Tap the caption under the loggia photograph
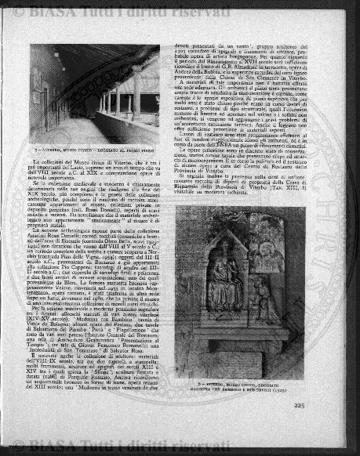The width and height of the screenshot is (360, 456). click(x=99, y=148)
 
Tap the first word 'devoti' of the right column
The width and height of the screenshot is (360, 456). click(x=184, y=47)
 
